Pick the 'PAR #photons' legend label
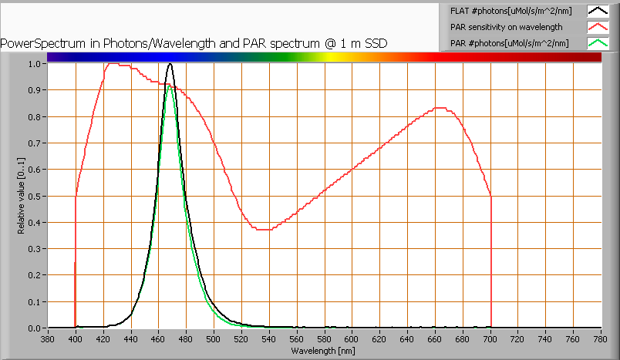tap(509, 43)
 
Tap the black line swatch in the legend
tap(598, 11)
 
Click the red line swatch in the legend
tap(598, 27)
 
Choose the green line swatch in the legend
tap(598, 43)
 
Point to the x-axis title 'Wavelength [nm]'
tap(324, 351)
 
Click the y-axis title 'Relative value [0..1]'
tap(22, 197)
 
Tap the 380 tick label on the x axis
tap(48, 338)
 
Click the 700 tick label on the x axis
tap(490, 338)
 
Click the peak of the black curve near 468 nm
tap(170, 64)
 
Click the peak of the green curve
tap(170, 86)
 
